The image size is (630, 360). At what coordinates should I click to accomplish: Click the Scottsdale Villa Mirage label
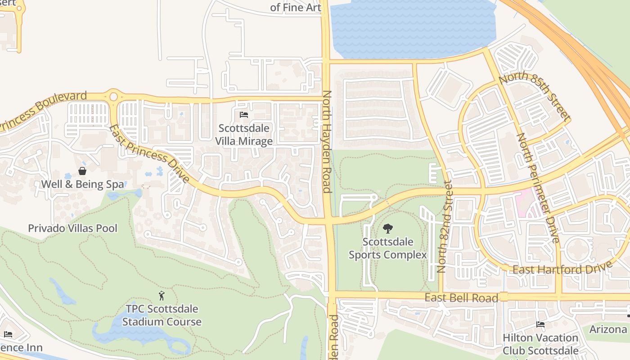[x=243, y=135]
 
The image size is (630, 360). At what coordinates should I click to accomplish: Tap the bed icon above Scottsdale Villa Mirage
[x=244, y=115]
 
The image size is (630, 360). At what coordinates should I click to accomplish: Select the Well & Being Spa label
[x=82, y=184]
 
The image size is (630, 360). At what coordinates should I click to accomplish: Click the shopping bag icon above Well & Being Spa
[x=82, y=171]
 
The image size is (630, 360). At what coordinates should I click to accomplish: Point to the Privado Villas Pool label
[x=72, y=228]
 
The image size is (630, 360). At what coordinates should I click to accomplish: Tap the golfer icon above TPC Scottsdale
[x=162, y=296]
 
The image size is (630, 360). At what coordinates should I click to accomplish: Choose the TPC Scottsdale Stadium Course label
[x=162, y=315]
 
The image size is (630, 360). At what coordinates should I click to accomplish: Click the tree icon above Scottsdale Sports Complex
[x=387, y=229]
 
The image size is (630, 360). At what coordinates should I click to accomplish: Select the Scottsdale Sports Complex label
[x=387, y=248]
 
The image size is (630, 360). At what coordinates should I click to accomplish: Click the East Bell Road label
[x=461, y=298]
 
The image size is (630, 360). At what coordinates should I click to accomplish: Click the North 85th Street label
[x=534, y=96]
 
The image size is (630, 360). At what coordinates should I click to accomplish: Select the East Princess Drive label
[x=149, y=153]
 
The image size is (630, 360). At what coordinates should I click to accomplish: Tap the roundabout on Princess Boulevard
[x=113, y=96]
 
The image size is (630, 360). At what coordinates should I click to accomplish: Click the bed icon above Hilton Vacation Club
[x=540, y=324]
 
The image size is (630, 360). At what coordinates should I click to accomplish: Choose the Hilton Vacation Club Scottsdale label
[x=540, y=344]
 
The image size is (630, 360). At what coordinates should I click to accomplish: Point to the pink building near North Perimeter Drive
[x=524, y=198]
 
